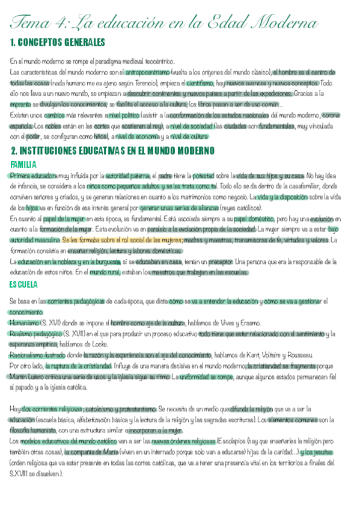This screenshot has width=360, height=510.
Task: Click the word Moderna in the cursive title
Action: pos(283,22)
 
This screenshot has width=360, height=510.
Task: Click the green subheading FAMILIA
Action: pos(24,164)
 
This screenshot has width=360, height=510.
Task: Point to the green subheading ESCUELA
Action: pos(25,284)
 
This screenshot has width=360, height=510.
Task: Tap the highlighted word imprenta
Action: pos(22,104)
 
